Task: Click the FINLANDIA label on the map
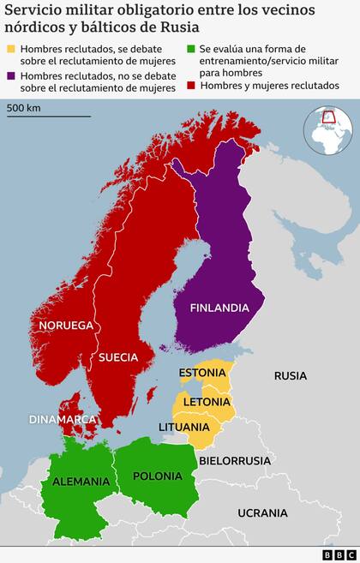pyautogui.click(x=219, y=308)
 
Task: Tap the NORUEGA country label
pyautogui.click(x=65, y=326)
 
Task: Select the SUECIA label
pyautogui.click(x=119, y=356)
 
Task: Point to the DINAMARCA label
pyautogui.click(x=63, y=419)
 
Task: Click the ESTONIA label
pyautogui.click(x=202, y=373)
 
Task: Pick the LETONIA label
pyautogui.click(x=205, y=401)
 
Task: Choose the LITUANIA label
pyautogui.click(x=183, y=427)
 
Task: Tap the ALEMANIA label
pyautogui.click(x=81, y=482)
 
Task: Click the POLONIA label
pyautogui.click(x=158, y=476)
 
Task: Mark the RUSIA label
pyautogui.click(x=290, y=375)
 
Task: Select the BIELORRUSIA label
pyautogui.click(x=235, y=460)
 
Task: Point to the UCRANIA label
pyautogui.click(x=263, y=512)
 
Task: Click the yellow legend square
pyautogui.click(x=10, y=50)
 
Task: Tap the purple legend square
pyautogui.click(x=10, y=75)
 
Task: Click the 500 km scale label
pyautogui.click(x=25, y=108)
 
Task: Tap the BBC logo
pyautogui.click(x=339, y=554)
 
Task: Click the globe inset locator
pyautogui.click(x=327, y=130)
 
